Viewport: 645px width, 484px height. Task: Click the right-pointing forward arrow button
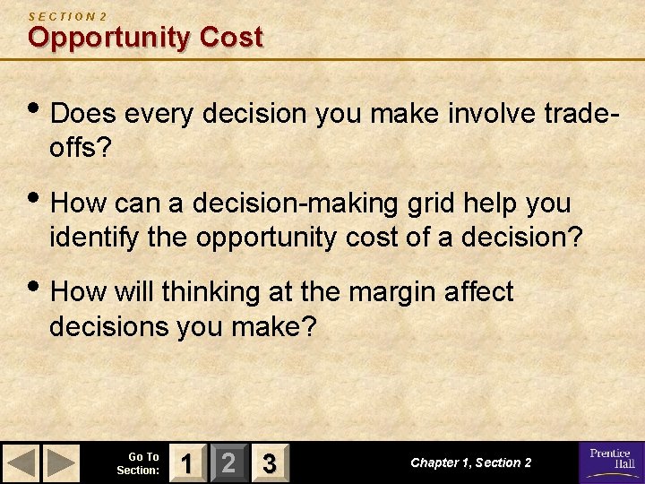click(62, 463)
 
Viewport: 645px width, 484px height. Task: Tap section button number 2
click(228, 463)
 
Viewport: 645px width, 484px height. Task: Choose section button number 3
click(267, 463)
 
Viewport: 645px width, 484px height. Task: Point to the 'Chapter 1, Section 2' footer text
click(470, 462)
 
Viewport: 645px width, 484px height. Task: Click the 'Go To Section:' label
click(138, 463)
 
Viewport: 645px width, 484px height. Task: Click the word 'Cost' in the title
click(231, 38)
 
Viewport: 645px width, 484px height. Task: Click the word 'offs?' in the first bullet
click(81, 148)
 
